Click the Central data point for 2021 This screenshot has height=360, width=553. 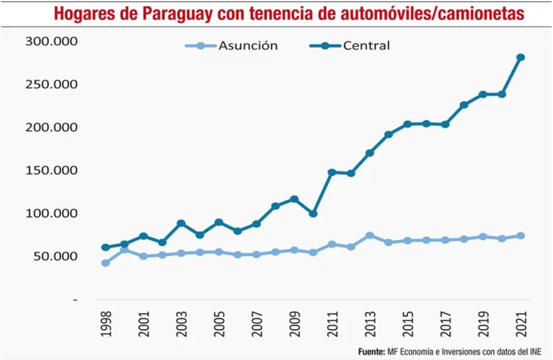(521, 57)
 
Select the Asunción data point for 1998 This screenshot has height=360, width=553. (106, 263)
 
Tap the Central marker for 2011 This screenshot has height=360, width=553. (332, 172)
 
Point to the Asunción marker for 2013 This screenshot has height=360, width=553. (370, 236)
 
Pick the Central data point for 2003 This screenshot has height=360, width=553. (181, 223)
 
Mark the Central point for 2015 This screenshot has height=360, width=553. (407, 124)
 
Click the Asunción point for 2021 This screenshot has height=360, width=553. (521, 236)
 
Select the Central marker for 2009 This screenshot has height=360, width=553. (294, 199)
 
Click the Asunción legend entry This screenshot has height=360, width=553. (248, 45)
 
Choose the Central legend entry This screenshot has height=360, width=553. (366, 45)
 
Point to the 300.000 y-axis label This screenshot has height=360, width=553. (52, 41)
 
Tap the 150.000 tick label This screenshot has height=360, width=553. (52, 170)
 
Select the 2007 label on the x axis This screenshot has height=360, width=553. (257, 324)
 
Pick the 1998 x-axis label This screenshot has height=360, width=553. (106, 324)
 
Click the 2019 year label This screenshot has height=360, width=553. (483, 324)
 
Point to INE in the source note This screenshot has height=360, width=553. (534, 351)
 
